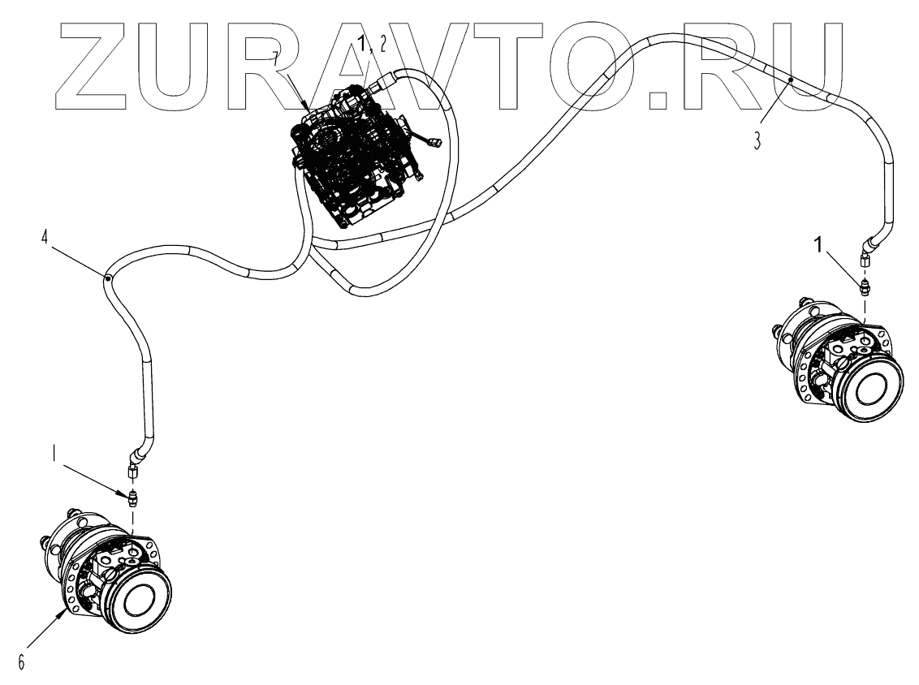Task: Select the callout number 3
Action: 756,140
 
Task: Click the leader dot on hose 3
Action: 792,80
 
